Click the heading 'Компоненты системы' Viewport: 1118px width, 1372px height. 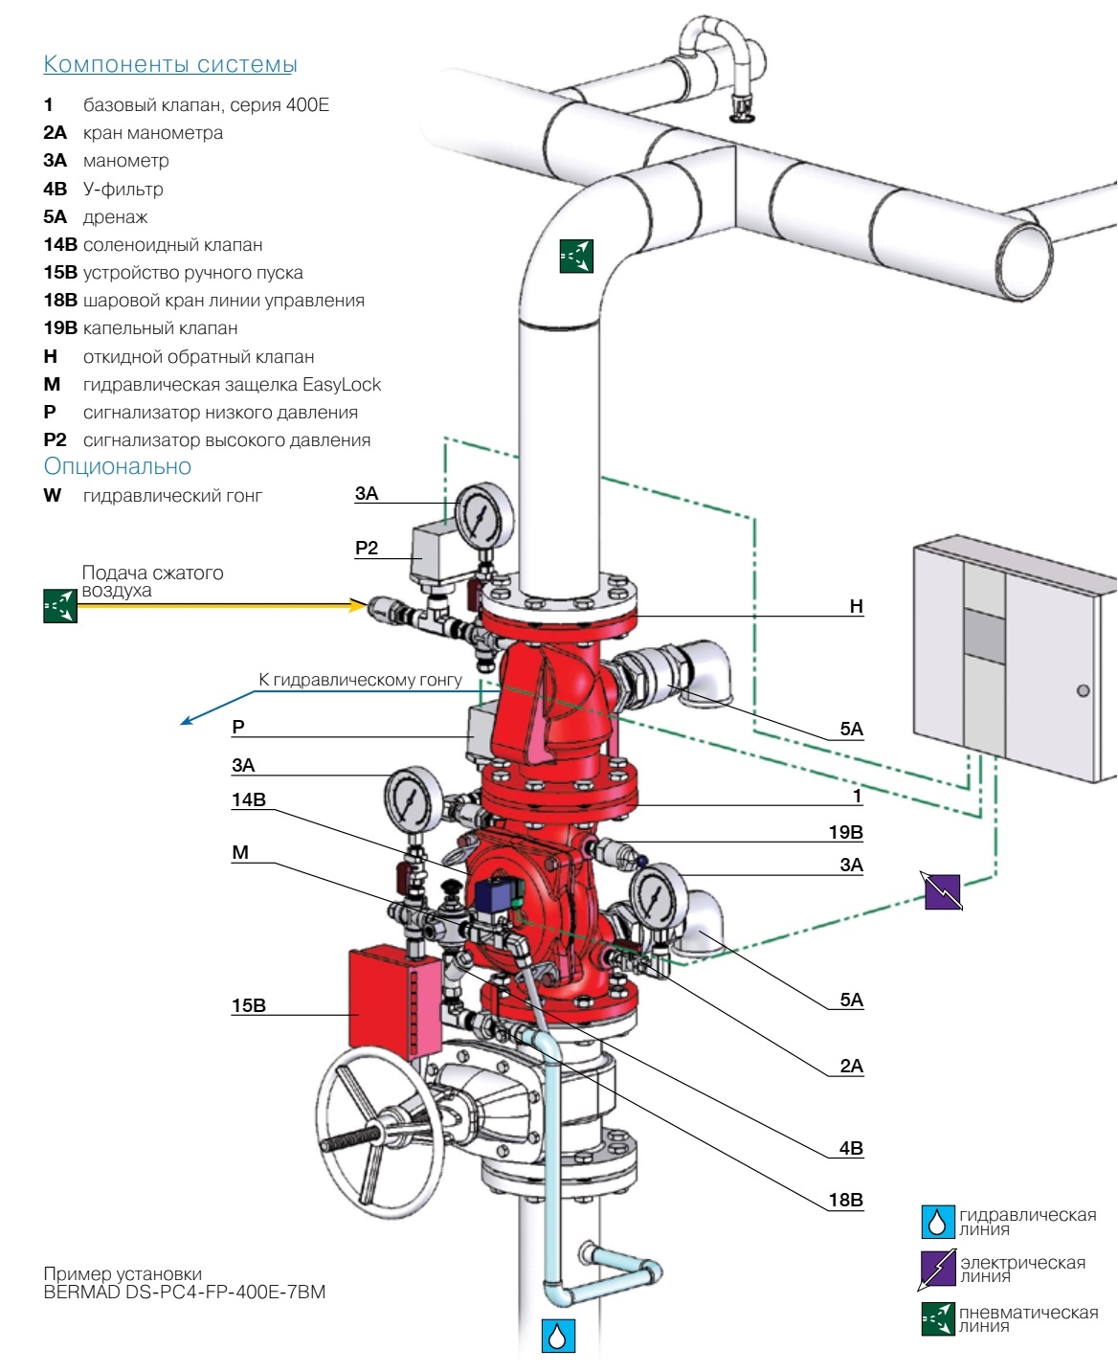(x=170, y=65)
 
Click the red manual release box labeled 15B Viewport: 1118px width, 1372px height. (x=383, y=999)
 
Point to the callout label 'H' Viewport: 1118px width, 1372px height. (x=856, y=606)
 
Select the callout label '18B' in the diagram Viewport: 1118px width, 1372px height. (x=845, y=1200)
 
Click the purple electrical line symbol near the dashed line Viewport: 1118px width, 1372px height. (x=943, y=891)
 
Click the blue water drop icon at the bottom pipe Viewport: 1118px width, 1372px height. (x=558, y=1336)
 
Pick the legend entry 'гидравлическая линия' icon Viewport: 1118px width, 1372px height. (x=937, y=1221)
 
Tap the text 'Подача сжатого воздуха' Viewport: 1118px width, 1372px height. (x=152, y=581)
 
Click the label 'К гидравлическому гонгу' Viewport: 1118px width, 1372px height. (x=360, y=680)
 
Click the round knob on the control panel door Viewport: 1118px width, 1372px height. (x=1083, y=690)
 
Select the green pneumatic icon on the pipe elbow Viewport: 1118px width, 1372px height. (x=577, y=256)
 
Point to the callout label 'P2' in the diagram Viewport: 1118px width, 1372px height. (x=367, y=549)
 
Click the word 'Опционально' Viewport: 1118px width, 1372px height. (x=118, y=467)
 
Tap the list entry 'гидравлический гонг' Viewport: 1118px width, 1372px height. (x=172, y=496)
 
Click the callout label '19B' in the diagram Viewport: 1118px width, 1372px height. (x=845, y=833)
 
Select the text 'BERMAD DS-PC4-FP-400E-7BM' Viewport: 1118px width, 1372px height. (x=185, y=1293)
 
